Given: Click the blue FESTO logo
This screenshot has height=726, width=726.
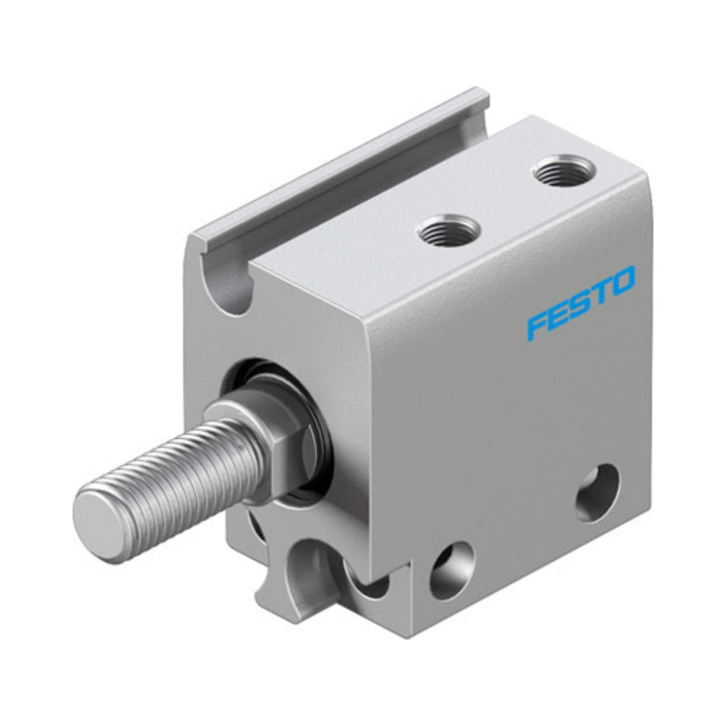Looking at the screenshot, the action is pyautogui.click(x=582, y=301).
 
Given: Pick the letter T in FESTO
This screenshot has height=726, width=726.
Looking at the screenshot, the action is pyautogui.click(x=599, y=292).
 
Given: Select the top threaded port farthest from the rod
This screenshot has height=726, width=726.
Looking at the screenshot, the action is pyautogui.click(x=564, y=171).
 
